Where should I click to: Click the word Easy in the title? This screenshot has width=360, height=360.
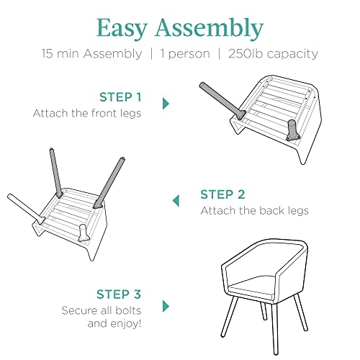[122, 29]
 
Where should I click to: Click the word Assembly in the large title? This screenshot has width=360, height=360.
[210, 29]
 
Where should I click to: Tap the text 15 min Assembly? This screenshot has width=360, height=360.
[91, 54]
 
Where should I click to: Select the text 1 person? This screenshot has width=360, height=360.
[185, 54]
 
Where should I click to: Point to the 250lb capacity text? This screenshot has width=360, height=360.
[273, 54]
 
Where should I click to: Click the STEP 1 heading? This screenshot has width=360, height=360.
[120, 97]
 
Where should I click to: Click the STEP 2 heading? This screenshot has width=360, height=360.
[222, 194]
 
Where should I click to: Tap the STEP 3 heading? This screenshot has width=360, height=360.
[119, 294]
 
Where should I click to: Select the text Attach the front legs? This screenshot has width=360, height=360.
[87, 114]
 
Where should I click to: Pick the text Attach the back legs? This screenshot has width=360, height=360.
[254, 211]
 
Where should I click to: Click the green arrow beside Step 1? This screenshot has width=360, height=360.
[166, 104]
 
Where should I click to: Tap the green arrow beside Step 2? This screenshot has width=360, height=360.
[176, 201]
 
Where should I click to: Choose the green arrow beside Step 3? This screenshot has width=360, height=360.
[166, 306]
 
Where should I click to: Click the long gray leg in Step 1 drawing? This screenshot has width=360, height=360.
[222, 101]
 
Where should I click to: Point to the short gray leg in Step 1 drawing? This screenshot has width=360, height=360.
[293, 130]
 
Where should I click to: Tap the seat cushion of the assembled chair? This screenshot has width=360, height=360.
[252, 286]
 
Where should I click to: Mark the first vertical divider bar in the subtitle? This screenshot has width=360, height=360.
[151, 54]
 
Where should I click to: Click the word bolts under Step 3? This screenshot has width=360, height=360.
[128, 310]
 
